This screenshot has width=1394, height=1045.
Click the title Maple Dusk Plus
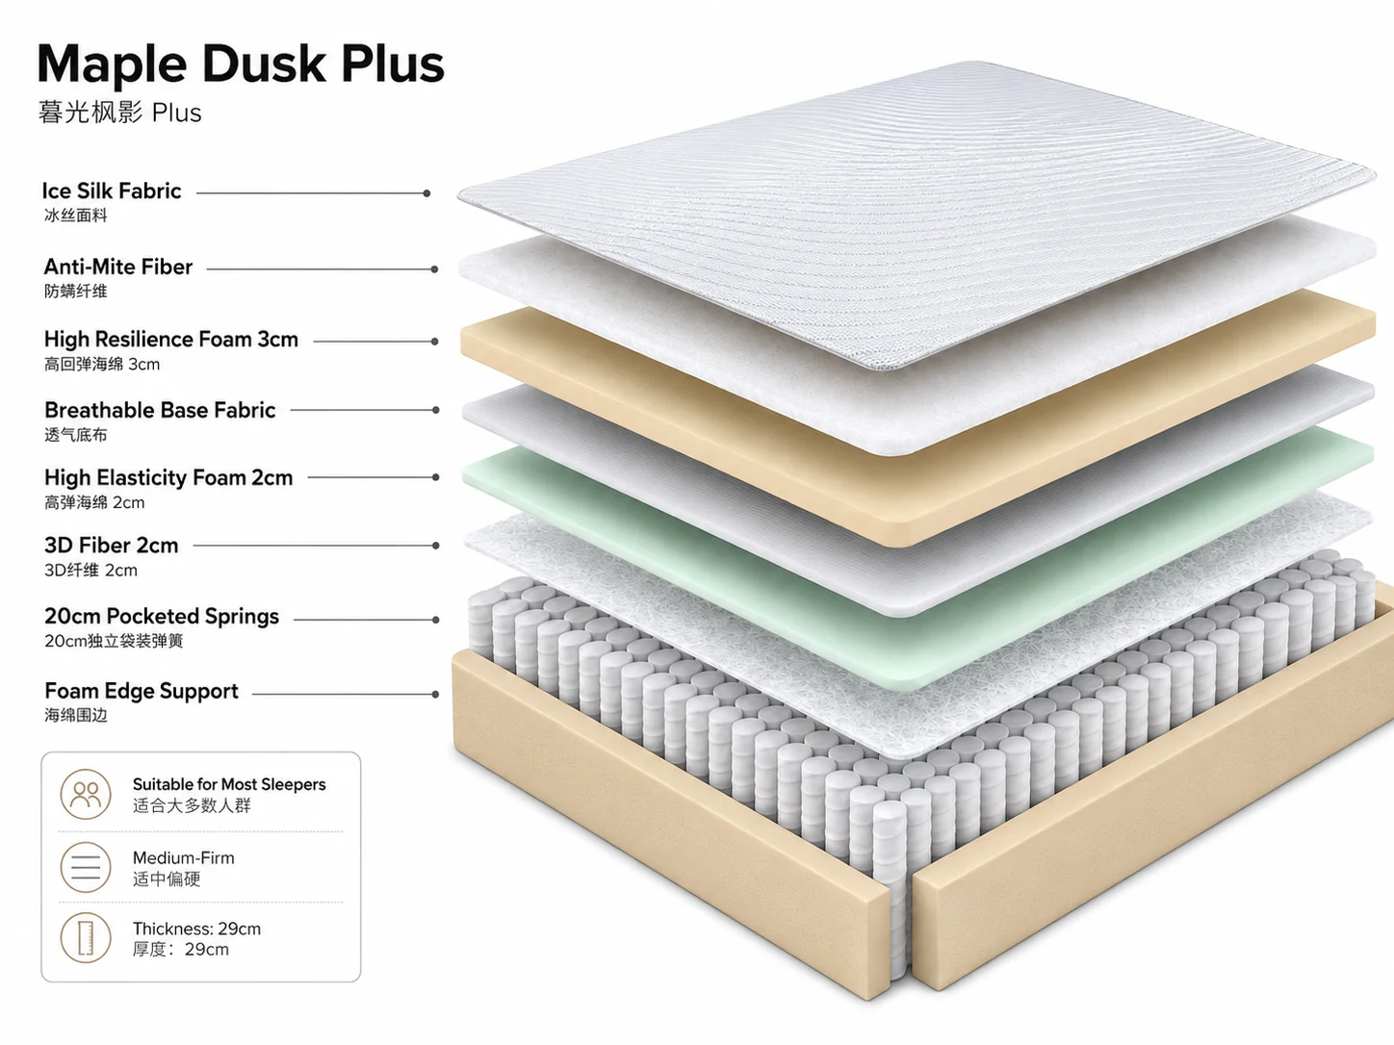pyautogui.click(x=241, y=65)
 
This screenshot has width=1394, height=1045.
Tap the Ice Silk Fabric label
pyautogui.click(x=111, y=191)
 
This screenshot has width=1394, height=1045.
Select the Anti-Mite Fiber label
pyautogui.click(x=118, y=268)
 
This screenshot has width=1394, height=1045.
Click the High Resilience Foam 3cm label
pyautogui.click(x=170, y=340)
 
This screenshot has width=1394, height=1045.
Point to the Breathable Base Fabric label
pyautogui.click(x=160, y=410)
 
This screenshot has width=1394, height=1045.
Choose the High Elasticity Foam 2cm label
pyautogui.click(x=168, y=477)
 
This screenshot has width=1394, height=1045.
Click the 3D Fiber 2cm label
pyautogui.click(x=111, y=545)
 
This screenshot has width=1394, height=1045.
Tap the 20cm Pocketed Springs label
pyautogui.click(x=162, y=616)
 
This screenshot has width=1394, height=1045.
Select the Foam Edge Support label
pyautogui.click(x=141, y=690)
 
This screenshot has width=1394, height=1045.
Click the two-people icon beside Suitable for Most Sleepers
pyautogui.click(x=86, y=795)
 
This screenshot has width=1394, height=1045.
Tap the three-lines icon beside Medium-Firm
pyautogui.click(x=86, y=867)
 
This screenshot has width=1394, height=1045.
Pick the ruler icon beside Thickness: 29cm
pyautogui.click(x=86, y=938)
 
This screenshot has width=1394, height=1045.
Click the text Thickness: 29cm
pyautogui.click(x=197, y=929)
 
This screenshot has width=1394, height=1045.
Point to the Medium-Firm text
pyautogui.click(x=184, y=857)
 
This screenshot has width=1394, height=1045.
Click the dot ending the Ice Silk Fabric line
pyautogui.click(x=426, y=192)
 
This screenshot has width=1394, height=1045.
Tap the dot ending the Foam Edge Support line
pyautogui.click(x=435, y=694)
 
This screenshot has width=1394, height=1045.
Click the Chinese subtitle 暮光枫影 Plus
pyautogui.click(x=119, y=113)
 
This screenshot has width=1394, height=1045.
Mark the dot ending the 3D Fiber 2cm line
pyautogui.click(x=436, y=546)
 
